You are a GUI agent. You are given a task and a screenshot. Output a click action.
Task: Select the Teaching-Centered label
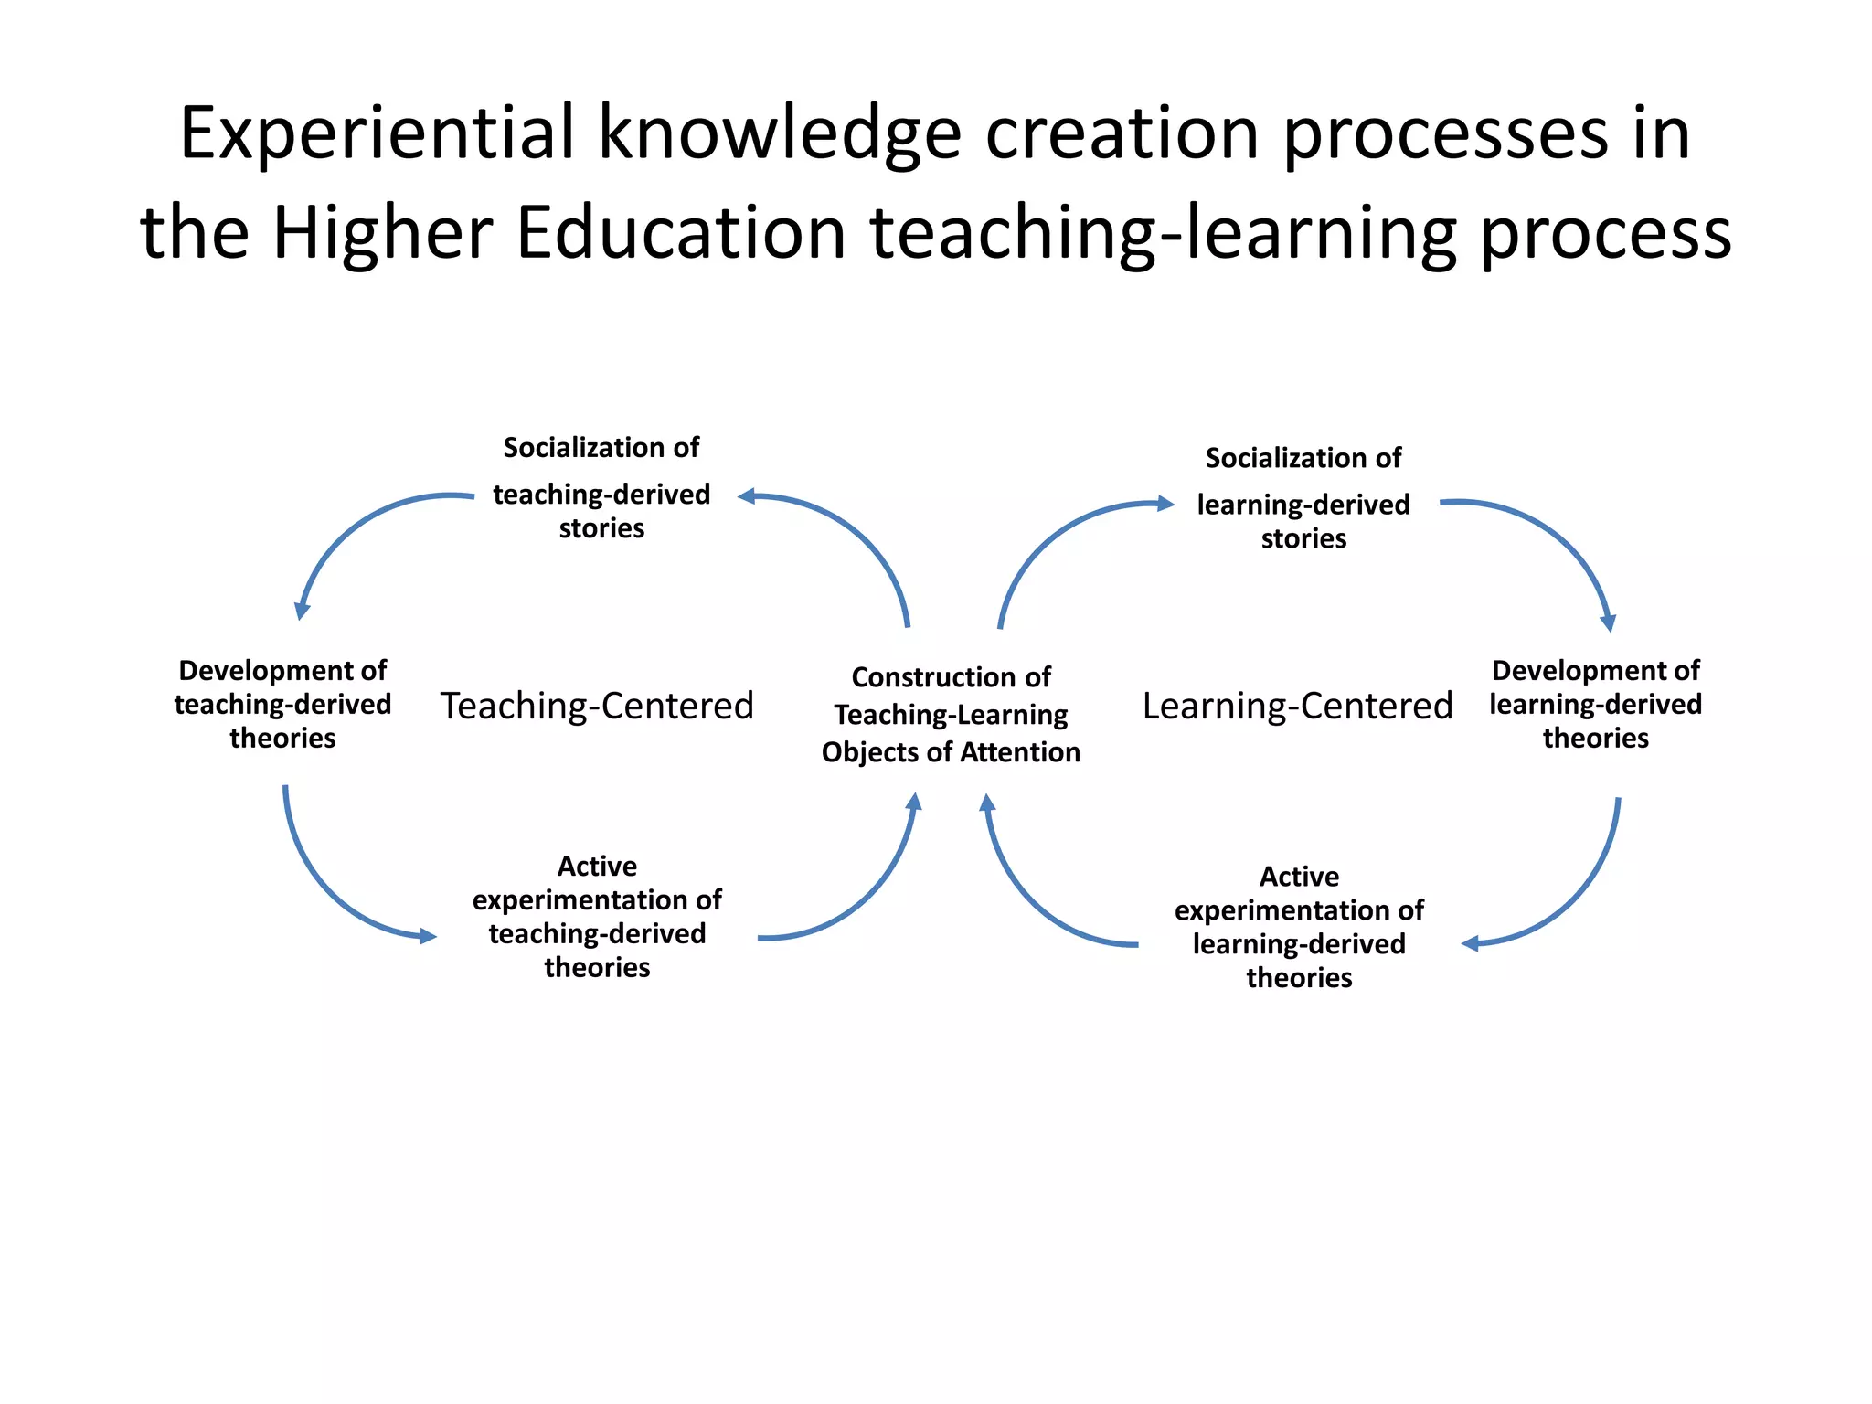[597, 706]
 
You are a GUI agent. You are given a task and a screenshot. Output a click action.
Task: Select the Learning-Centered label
[1297, 706]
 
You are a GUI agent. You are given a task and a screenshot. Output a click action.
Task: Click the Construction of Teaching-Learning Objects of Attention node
[951, 715]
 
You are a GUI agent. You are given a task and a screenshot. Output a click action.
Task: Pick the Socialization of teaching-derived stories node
[601, 488]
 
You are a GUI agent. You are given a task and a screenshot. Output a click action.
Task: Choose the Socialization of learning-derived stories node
[1303, 498]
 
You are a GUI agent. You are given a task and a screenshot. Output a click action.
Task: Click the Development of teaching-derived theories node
[282, 704]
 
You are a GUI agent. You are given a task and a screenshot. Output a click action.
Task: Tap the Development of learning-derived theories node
[1596, 704]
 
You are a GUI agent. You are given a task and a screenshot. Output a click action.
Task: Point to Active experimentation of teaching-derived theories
[597, 916]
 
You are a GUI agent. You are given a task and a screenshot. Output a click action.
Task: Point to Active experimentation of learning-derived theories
[1299, 927]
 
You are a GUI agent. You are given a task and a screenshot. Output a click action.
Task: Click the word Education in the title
[681, 234]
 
